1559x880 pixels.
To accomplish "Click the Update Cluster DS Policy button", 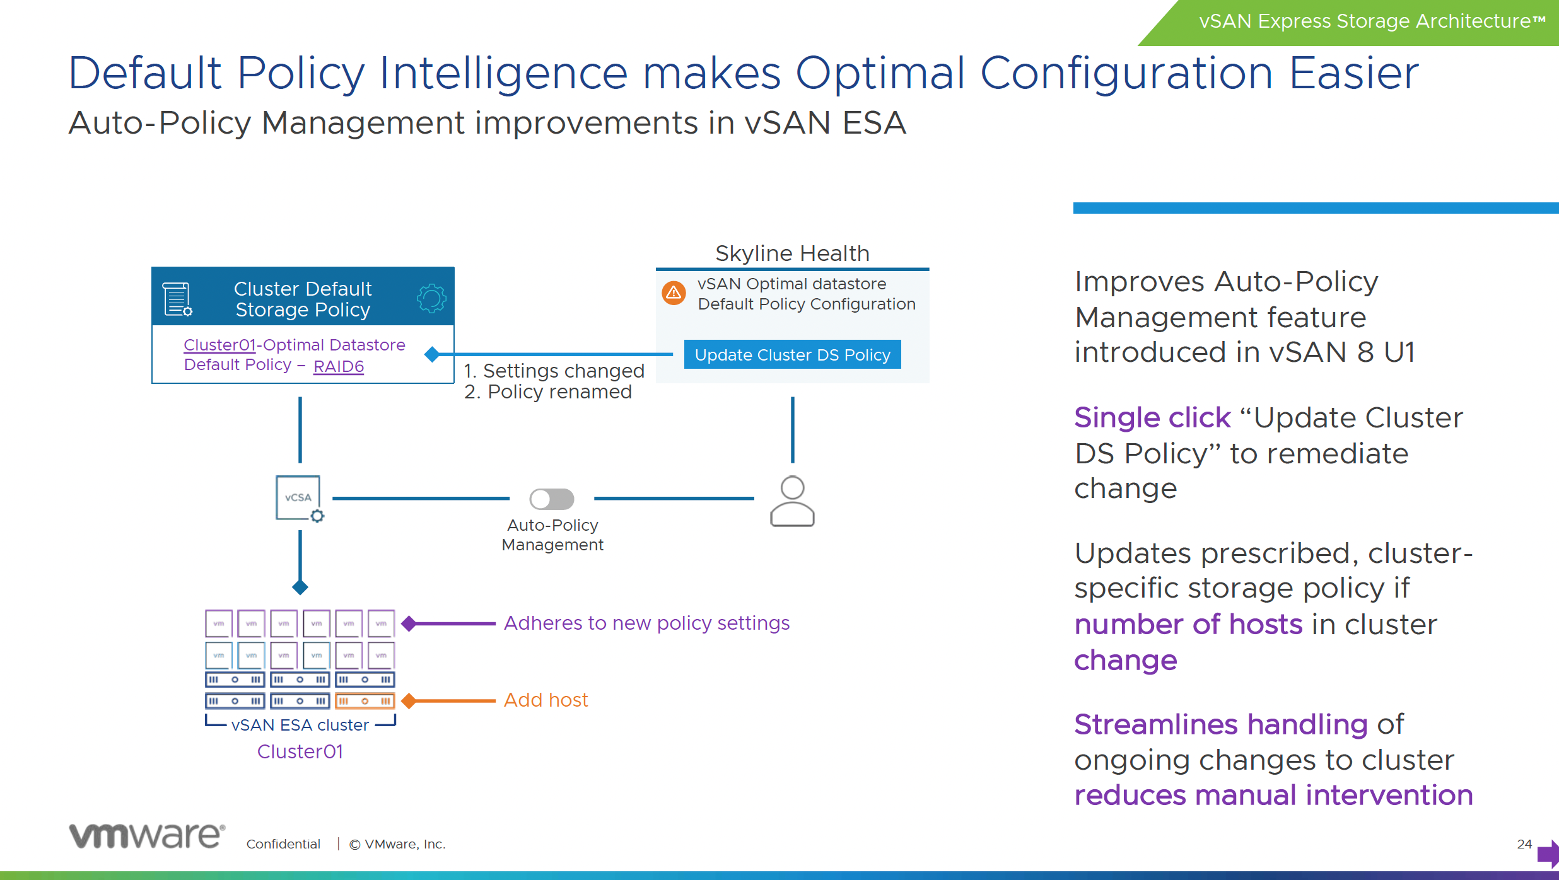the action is pyautogui.click(x=792, y=355).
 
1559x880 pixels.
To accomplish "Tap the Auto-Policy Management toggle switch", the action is pyautogui.click(x=552, y=499).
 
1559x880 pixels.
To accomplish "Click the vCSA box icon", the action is pyautogui.click(x=298, y=498).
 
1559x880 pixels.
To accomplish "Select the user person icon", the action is pyautogui.click(x=792, y=501).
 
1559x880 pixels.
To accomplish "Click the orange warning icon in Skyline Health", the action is pyautogui.click(x=674, y=293).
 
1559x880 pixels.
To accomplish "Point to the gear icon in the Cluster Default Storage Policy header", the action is pyautogui.click(x=431, y=298).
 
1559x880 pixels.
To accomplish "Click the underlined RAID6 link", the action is pyautogui.click(x=339, y=366).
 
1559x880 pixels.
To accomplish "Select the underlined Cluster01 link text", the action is pyautogui.click(x=219, y=345).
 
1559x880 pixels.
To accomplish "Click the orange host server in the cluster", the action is pyautogui.click(x=365, y=701).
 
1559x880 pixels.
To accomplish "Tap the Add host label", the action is pyautogui.click(x=546, y=700).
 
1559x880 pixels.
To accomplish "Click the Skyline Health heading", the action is pyautogui.click(x=792, y=253).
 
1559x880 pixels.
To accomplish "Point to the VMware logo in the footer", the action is pyautogui.click(x=146, y=836).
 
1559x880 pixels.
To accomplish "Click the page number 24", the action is pyautogui.click(x=1524, y=844).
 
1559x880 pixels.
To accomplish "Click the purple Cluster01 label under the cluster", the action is pyautogui.click(x=300, y=751).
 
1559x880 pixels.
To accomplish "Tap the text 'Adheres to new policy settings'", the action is pyautogui.click(x=646, y=623).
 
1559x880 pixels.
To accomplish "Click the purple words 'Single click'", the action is pyautogui.click(x=1152, y=418).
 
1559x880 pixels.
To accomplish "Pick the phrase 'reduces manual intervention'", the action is pyautogui.click(x=1274, y=795).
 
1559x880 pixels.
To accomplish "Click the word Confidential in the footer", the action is pyautogui.click(x=283, y=844).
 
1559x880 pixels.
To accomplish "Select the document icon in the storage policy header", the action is pyautogui.click(x=177, y=299).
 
